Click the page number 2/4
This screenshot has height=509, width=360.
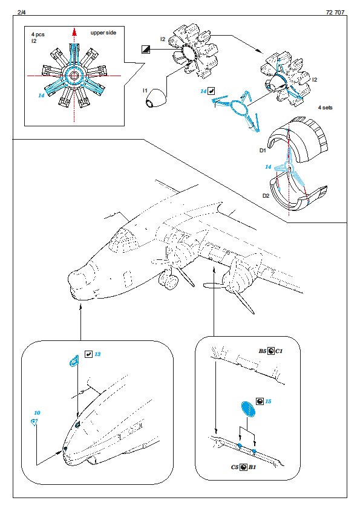point(22,12)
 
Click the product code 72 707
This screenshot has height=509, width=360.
point(335,12)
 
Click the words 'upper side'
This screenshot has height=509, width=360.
point(103,33)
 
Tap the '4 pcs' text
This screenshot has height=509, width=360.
point(38,34)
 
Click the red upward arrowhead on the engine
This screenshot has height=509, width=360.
point(74,31)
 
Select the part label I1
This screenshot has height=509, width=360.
point(145,91)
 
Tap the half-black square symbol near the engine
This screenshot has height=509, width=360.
point(146,50)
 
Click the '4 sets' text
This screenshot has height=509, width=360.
point(326,108)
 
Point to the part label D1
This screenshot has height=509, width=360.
point(263,151)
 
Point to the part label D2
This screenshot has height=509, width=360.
point(266,196)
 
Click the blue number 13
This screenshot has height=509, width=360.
point(97,354)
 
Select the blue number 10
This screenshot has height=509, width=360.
point(37,413)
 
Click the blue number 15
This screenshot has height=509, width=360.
point(268,401)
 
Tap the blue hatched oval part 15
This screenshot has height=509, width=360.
point(248,409)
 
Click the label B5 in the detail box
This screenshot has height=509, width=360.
point(262,351)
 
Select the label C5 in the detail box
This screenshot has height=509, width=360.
point(235,467)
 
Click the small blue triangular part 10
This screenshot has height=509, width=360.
point(33,423)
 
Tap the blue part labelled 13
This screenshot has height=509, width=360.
point(74,360)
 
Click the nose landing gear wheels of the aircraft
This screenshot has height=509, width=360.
point(169,279)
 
